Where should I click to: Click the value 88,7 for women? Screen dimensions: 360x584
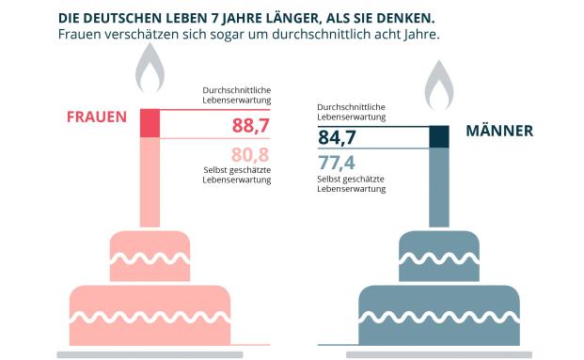(x=251, y=126)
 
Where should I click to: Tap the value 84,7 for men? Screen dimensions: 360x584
(x=339, y=139)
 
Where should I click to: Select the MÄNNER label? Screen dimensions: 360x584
(x=498, y=132)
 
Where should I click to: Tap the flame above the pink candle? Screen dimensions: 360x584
(x=149, y=73)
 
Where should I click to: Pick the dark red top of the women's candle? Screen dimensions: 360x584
(x=150, y=124)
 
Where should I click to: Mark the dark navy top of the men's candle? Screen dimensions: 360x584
(x=439, y=136)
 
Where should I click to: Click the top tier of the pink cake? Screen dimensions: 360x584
(x=150, y=249)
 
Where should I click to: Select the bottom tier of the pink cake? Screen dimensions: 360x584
(x=150, y=310)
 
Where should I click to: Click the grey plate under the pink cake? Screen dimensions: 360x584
(x=150, y=354)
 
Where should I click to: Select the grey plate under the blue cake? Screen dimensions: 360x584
(x=438, y=354)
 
